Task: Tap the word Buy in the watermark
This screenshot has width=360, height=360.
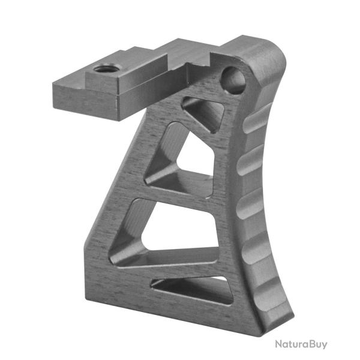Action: [320, 344]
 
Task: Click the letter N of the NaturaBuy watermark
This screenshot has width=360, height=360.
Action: [279, 344]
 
